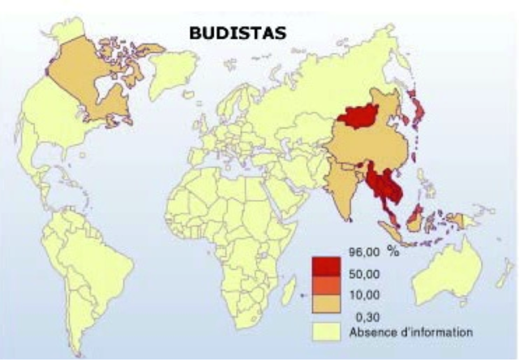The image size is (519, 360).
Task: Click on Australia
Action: [x=446, y=276]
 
